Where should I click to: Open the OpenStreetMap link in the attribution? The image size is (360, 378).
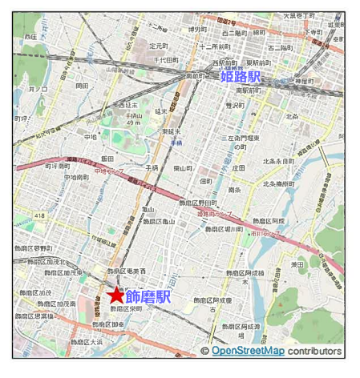click(x=248, y=351)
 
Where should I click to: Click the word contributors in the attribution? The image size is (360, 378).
click(x=315, y=351)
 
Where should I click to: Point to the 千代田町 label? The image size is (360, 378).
click(x=166, y=59)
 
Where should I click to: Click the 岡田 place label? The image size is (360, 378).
click(x=82, y=86)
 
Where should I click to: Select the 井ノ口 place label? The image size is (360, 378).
click(x=38, y=90)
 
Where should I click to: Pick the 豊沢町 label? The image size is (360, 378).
click(x=233, y=105)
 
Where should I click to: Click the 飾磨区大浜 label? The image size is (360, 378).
click(x=86, y=341)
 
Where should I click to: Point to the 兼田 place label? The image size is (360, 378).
click(x=297, y=263)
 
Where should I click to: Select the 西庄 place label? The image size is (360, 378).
click(x=30, y=36)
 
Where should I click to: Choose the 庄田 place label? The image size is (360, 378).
click(x=238, y=168)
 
